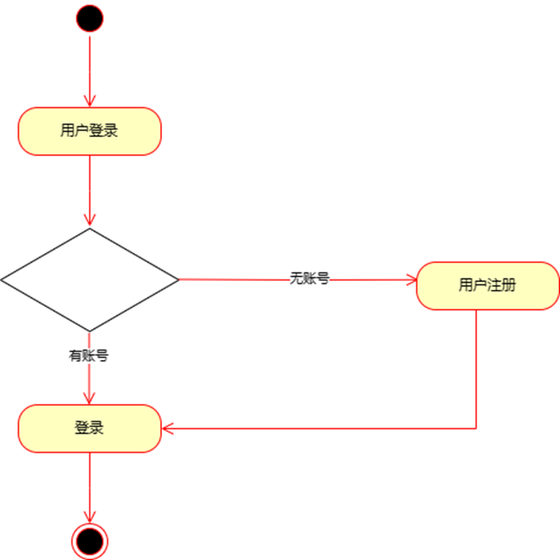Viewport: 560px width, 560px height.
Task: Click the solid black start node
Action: [90, 18]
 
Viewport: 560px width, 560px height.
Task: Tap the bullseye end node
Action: [90, 541]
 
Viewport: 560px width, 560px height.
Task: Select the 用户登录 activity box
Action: [90, 131]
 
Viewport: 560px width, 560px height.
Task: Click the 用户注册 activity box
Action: [488, 285]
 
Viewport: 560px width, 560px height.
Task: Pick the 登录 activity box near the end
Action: [90, 428]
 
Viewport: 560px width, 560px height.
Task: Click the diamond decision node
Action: [90, 280]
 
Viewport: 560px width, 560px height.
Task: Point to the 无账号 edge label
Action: [309, 278]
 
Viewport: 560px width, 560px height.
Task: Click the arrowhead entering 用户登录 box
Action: [90, 102]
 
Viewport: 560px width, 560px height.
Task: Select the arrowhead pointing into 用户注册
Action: [412, 280]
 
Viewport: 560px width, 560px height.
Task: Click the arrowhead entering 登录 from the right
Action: [167, 428]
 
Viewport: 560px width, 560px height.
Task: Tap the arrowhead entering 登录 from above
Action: [90, 399]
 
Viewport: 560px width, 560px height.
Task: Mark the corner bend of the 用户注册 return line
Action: [476, 428]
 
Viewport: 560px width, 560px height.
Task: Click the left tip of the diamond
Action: [2, 280]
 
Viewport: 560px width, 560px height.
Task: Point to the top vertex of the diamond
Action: [90, 229]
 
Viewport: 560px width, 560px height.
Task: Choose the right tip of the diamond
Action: [177, 280]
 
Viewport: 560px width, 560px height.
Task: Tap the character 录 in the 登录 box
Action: [97, 428]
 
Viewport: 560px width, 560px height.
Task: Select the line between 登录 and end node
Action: [90, 487]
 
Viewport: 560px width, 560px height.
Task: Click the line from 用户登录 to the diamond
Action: [90, 190]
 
